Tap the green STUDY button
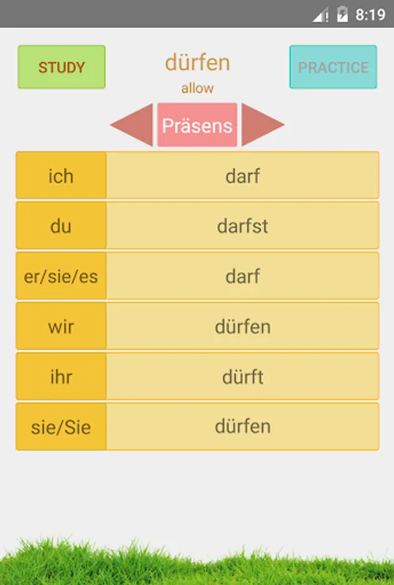[62, 67]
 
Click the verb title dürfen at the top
[197, 63]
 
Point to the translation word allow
[197, 88]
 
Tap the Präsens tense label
[197, 125]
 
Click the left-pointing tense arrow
[133, 125]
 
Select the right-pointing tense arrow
[261, 125]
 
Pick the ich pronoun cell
[61, 175]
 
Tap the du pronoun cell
[61, 226]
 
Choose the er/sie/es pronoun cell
[61, 276]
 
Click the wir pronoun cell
[61, 326]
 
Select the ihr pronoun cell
[61, 376]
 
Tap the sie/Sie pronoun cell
[61, 426]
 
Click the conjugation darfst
[243, 226]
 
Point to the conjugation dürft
[243, 376]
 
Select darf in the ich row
[243, 175]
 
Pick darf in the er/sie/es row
[243, 276]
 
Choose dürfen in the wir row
[243, 326]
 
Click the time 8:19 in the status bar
[371, 14]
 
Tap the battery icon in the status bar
[342, 14]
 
